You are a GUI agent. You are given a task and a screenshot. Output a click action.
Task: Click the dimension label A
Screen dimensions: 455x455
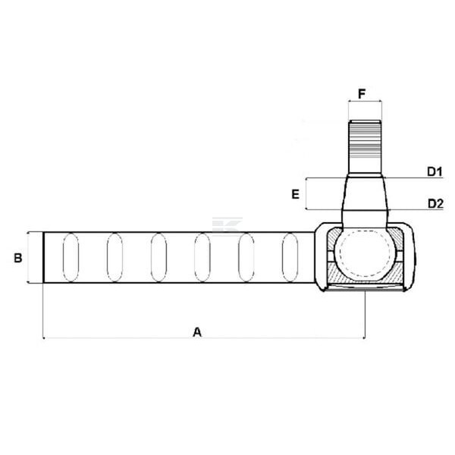tap(197, 331)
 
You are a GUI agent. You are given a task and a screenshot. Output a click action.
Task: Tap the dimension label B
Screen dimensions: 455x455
tap(18, 258)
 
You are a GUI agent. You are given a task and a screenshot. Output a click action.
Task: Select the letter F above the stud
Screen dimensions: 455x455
tap(362, 94)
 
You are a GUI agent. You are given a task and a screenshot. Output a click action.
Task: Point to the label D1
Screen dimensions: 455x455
tap(435, 172)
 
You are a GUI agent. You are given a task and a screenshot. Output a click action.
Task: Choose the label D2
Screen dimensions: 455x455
tap(435, 204)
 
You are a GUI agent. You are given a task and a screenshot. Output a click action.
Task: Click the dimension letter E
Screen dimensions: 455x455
tap(296, 194)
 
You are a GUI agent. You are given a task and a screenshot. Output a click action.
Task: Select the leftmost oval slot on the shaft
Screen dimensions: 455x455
tap(71, 257)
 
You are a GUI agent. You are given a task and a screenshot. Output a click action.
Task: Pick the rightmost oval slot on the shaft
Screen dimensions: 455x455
tap(290, 257)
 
